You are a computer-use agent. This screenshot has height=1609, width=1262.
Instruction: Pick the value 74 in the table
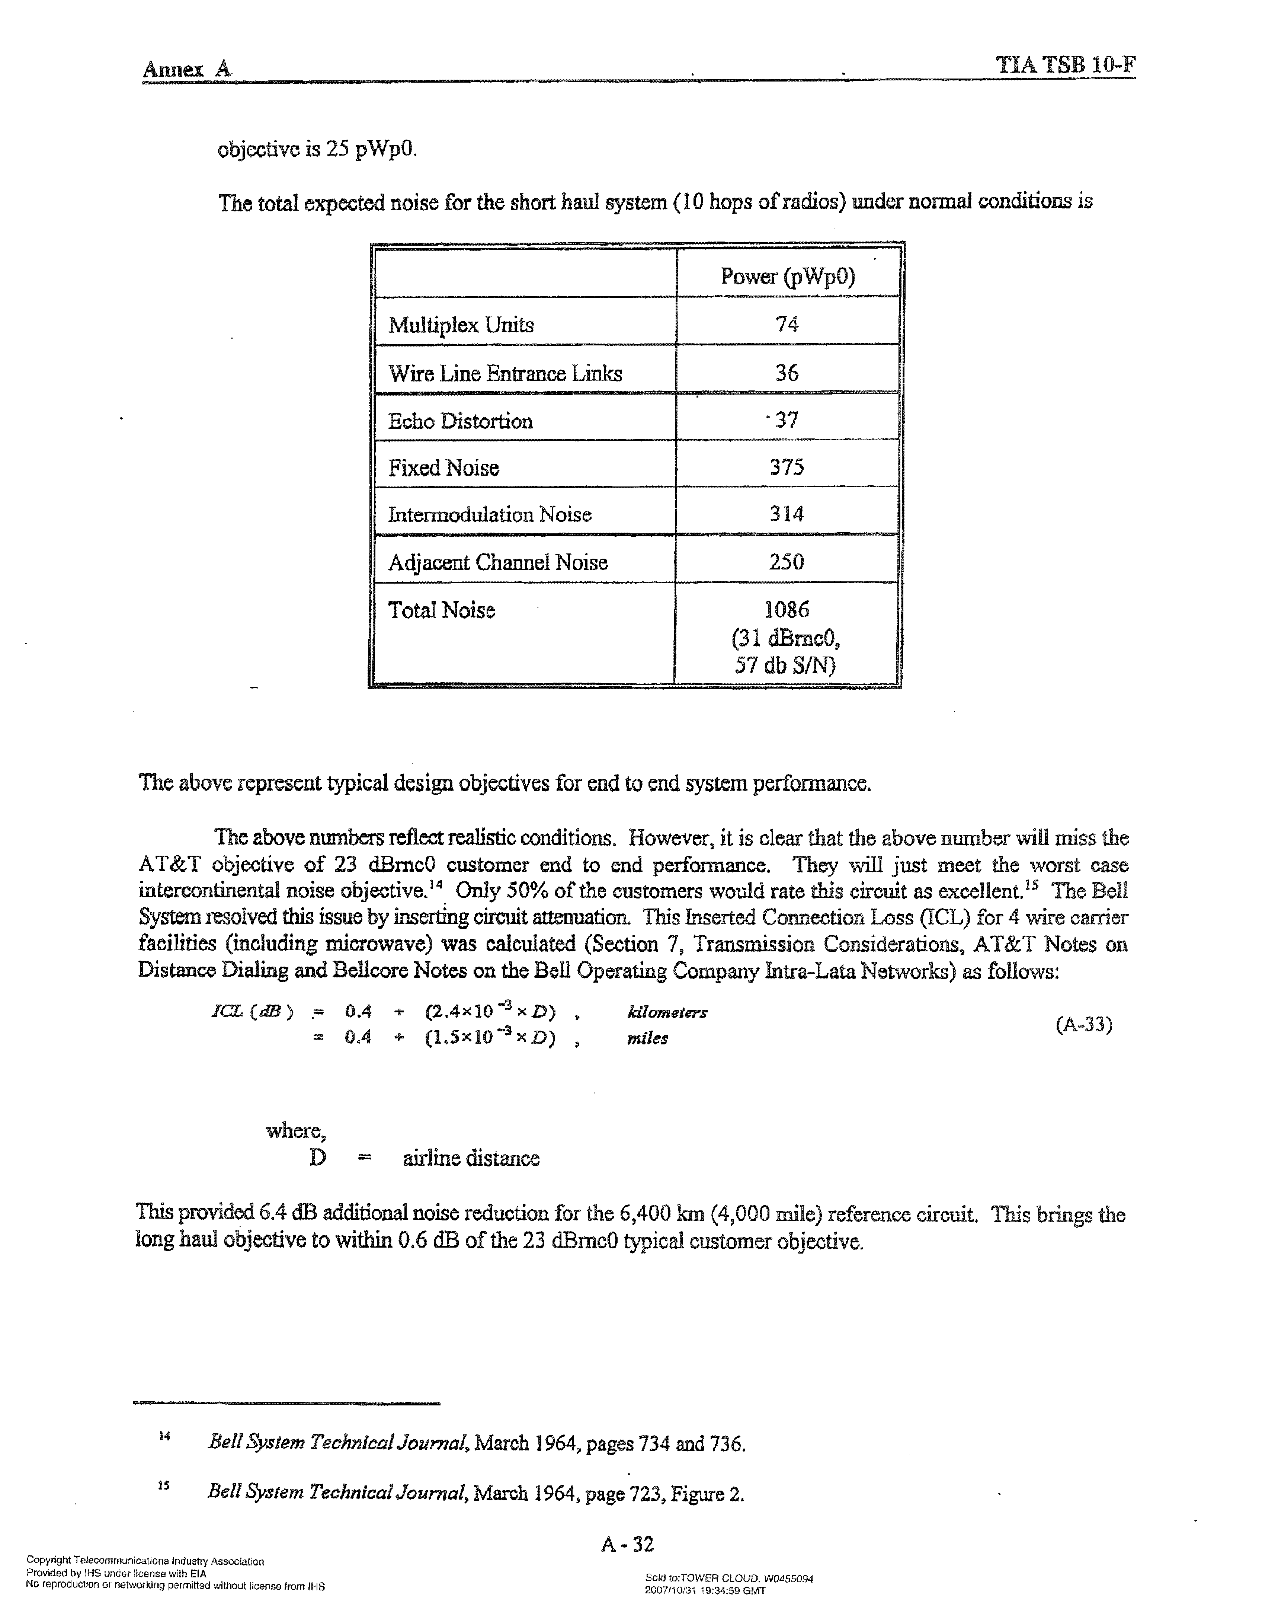point(787,324)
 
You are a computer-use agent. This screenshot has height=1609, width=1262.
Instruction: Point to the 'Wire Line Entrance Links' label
point(505,373)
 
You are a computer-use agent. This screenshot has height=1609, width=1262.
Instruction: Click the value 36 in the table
point(787,373)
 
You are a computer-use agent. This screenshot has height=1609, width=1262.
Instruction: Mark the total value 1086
point(787,610)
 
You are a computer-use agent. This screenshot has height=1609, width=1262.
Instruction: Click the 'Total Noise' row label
point(442,610)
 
